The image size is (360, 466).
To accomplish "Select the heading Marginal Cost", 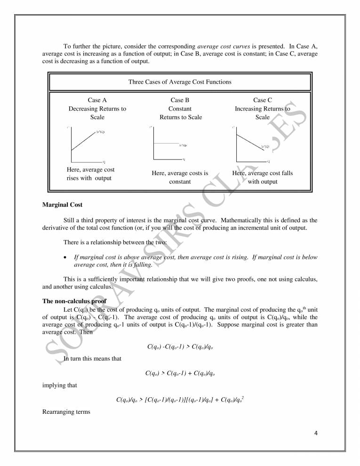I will click(x=61, y=205).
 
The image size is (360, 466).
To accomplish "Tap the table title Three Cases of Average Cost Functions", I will click(x=180, y=82).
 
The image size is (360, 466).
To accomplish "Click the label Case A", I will click(x=97, y=100).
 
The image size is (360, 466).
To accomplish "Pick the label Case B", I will click(x=180, y=100).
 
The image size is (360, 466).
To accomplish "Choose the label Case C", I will click(x=263, y=100).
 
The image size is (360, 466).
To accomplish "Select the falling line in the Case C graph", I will click(x=248, y=140).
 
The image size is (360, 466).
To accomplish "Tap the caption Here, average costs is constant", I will click(x=180, y=177).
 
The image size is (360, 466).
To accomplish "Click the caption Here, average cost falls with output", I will click(x=263, y=177).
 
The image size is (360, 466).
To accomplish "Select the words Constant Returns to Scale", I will click(x=180, y=113).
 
